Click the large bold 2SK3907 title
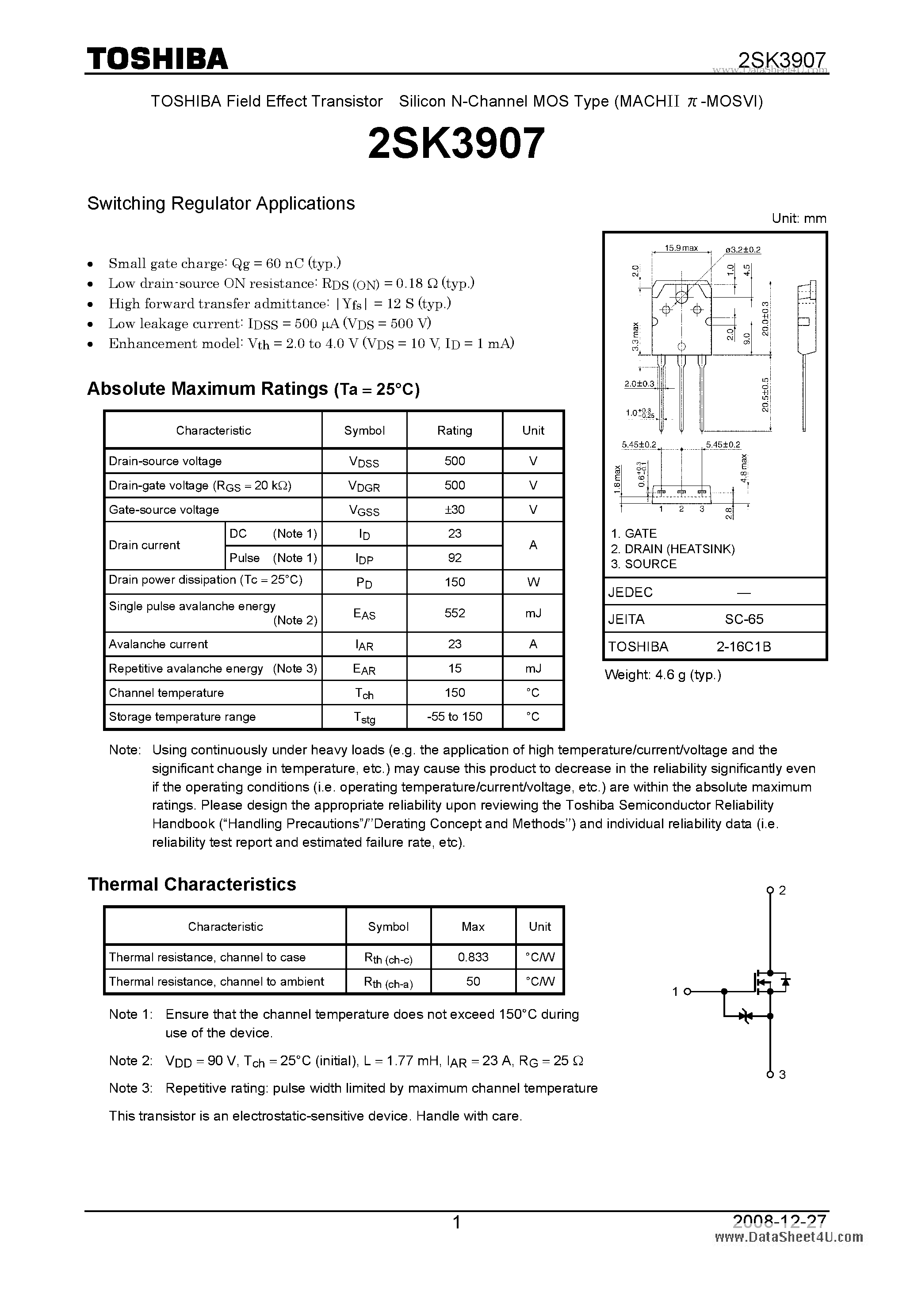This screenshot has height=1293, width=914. (456, 142)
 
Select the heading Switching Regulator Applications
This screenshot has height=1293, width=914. (221, 203)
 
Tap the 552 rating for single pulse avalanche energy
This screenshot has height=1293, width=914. (455, 613)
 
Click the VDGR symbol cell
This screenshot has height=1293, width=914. (364, 486)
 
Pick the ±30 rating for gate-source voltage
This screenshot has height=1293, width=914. (455, 510)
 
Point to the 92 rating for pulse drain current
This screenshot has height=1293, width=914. (455, 558)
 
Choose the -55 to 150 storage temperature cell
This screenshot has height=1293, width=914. (455, 716)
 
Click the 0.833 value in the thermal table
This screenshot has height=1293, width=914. (473, 957)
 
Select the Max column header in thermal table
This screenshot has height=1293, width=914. (473, 926)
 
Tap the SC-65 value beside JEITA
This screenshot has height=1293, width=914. (744, 619)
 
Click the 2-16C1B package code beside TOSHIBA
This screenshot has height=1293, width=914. (743, 646)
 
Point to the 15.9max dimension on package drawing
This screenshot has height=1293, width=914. (681, 248)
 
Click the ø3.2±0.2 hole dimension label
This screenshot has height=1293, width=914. (743, 249)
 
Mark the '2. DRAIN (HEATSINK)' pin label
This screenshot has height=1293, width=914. (673, 548)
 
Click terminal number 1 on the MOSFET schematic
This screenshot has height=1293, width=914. (675, 992)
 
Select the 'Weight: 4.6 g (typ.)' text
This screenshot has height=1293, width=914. (662, 675)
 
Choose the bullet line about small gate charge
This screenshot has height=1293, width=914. (225, 263)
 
